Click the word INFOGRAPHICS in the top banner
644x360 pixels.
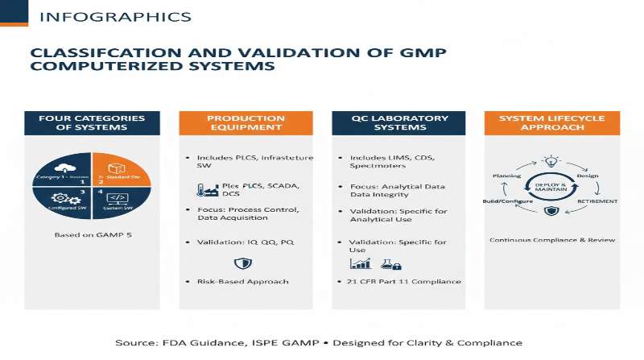click(115, 17)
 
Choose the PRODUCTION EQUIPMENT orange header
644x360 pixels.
click(246, 124)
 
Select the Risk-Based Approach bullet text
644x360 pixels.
click(244, 282)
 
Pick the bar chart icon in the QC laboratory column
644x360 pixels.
click(360, 263)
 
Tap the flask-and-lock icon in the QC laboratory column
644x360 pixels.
click(390, 263)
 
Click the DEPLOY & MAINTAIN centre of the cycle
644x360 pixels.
click(551, 187)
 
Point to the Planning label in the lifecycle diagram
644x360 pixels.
click(506, 175)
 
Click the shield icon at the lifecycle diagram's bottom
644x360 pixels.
click(551, 211)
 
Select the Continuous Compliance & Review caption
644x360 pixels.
click(551, 240)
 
